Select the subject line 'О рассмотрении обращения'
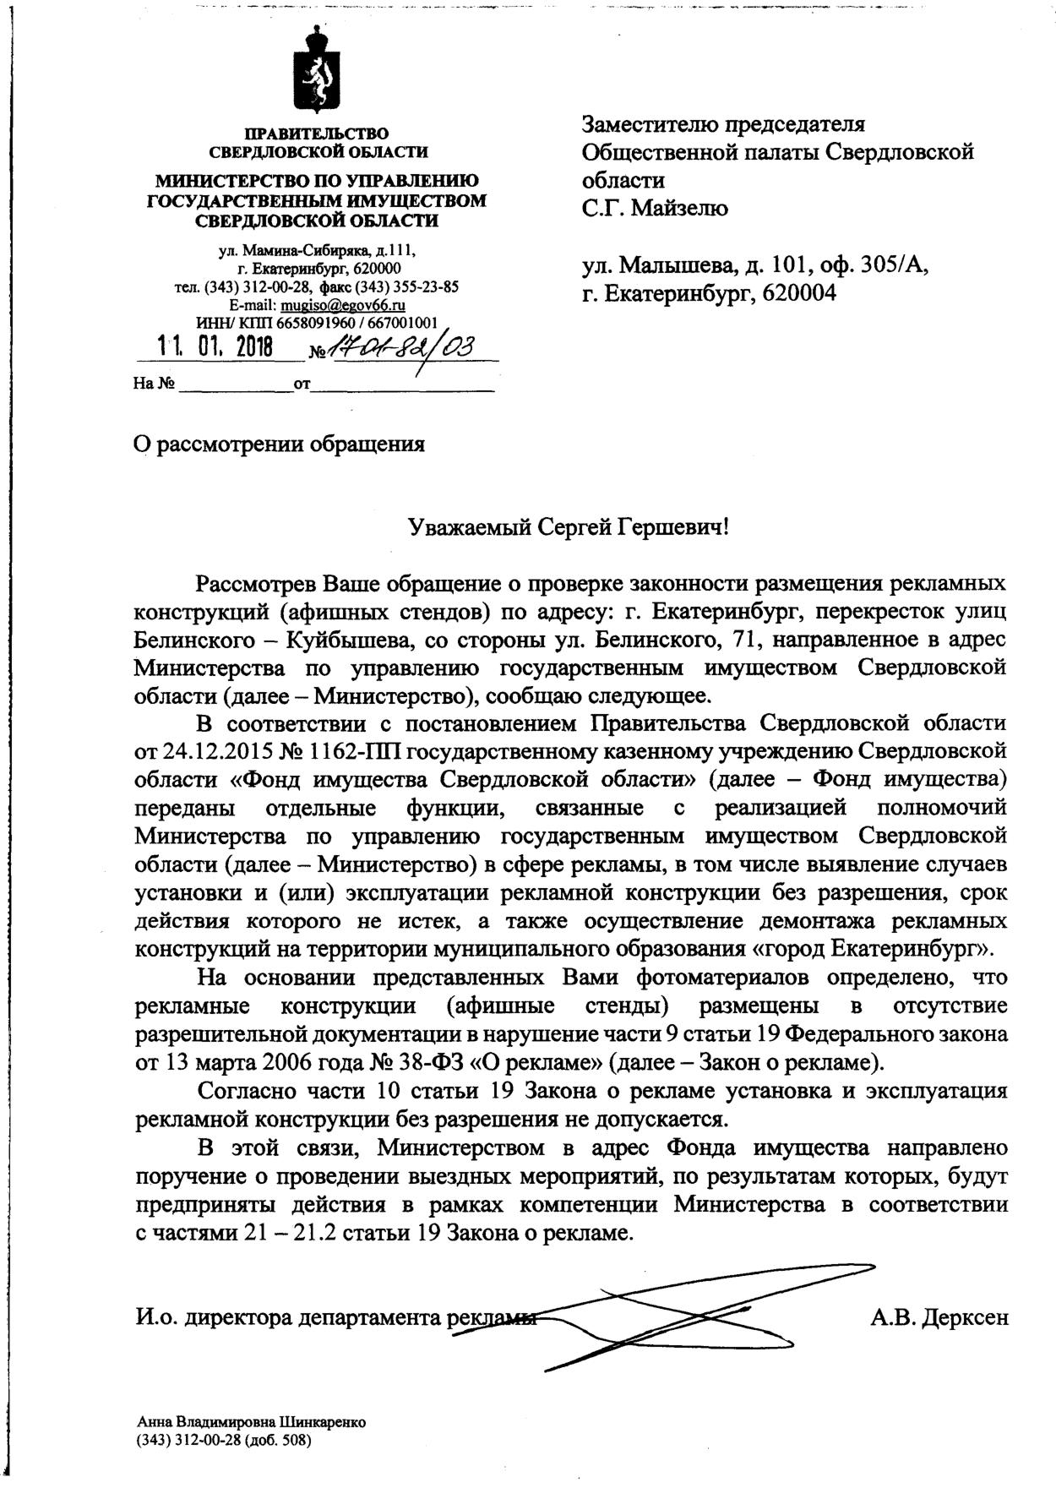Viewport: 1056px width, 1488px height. tap(279, 444)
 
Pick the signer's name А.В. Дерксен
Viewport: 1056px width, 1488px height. tap(939, 1317)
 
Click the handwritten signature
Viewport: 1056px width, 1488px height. tap(676, 1314)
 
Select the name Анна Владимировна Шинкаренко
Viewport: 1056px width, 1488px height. tap(251, 1422)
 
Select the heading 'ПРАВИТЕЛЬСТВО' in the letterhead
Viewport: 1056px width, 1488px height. tap(317, 134)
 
